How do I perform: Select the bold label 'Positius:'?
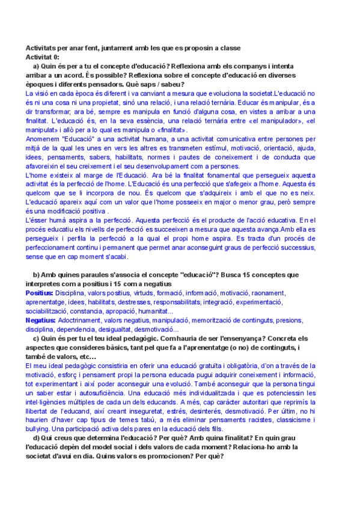coord(40,292)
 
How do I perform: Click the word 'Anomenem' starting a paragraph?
coord(45,139)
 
